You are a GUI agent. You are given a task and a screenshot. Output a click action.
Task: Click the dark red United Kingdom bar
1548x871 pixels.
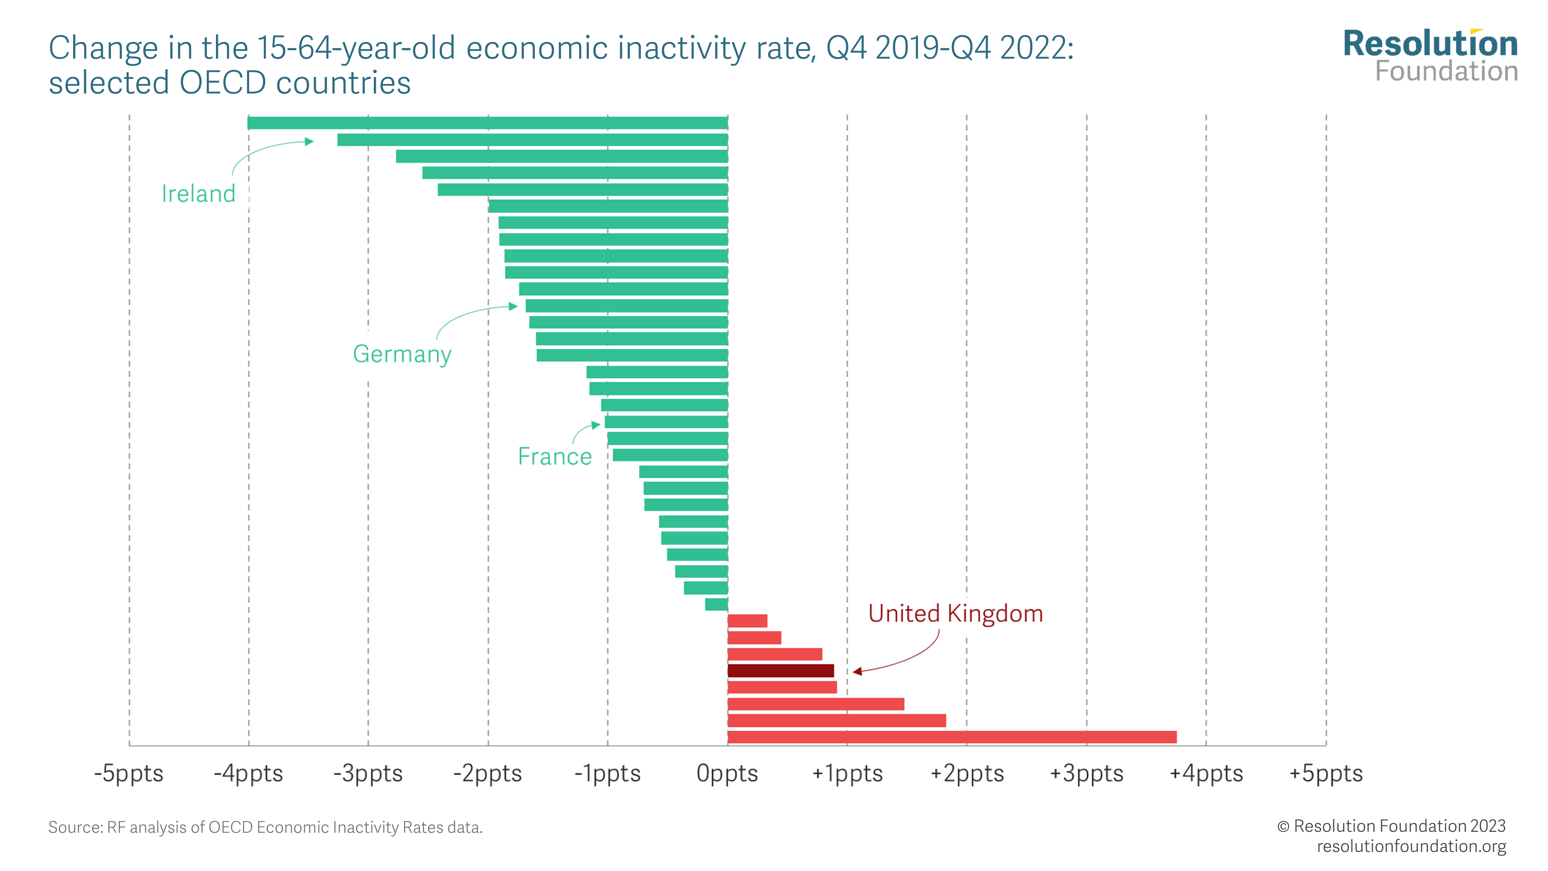click(780, 670)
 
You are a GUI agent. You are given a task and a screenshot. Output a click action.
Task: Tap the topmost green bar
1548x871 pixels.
click(487, 123)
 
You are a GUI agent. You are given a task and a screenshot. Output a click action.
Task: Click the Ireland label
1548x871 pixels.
click(198, 194)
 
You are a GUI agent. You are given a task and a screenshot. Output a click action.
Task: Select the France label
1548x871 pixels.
click(555, 456)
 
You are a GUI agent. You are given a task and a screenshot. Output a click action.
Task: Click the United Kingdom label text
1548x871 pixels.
click(955, 614)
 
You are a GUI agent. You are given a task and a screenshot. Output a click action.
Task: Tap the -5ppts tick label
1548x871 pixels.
click(128, 773)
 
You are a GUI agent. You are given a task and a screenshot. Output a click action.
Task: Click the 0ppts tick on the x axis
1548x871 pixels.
click(727, 773)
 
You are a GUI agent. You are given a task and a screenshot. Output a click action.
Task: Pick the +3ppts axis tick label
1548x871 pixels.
click(1086, 773)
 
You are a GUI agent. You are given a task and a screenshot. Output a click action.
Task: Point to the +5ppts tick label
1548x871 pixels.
click(1325, 773)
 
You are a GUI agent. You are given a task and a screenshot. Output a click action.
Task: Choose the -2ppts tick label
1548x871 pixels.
click(487, 773)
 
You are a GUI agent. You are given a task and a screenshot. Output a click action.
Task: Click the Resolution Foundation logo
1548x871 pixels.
click(1430, 55)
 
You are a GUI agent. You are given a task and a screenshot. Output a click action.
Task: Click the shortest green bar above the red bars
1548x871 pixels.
click(716, 604)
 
